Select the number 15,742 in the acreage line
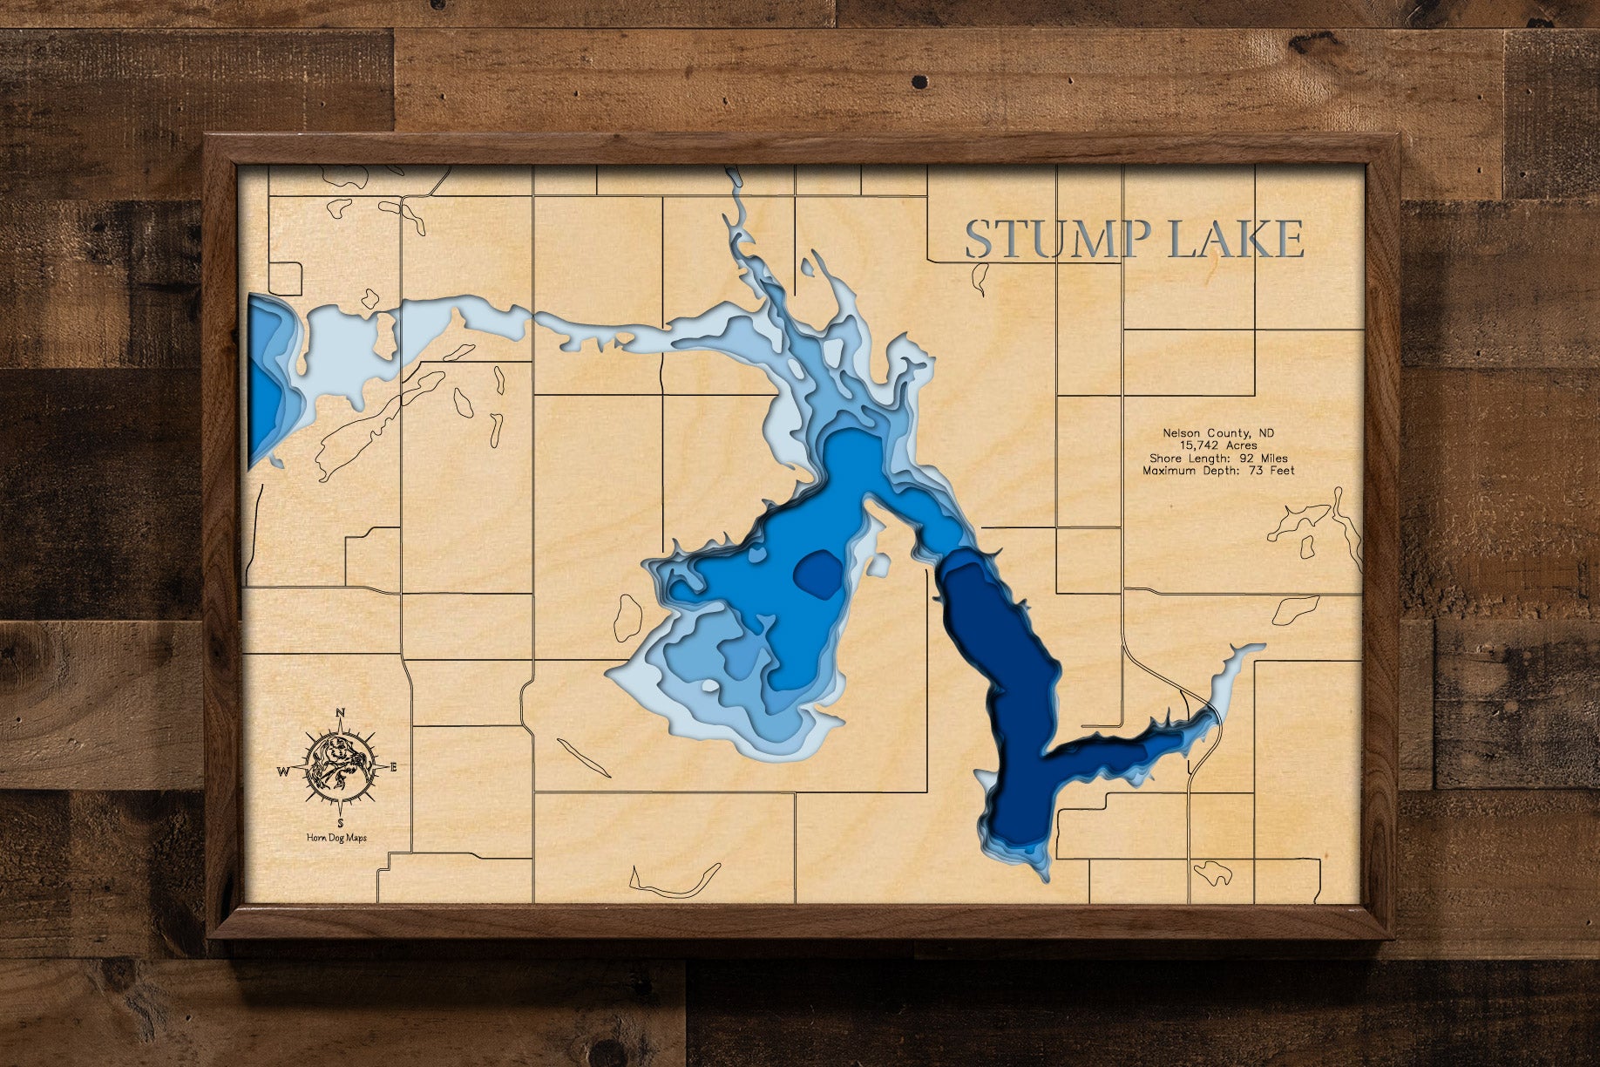coord(1203,445)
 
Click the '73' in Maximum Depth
coord(1249,471)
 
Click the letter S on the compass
coord(340,822)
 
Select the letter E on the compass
coord(393,767)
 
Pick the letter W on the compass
coord(282,771)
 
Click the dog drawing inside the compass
coord(339,767)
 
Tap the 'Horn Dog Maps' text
coord(336,838)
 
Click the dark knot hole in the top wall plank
coord(917,82)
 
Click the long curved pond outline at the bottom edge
coord(675,882)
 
